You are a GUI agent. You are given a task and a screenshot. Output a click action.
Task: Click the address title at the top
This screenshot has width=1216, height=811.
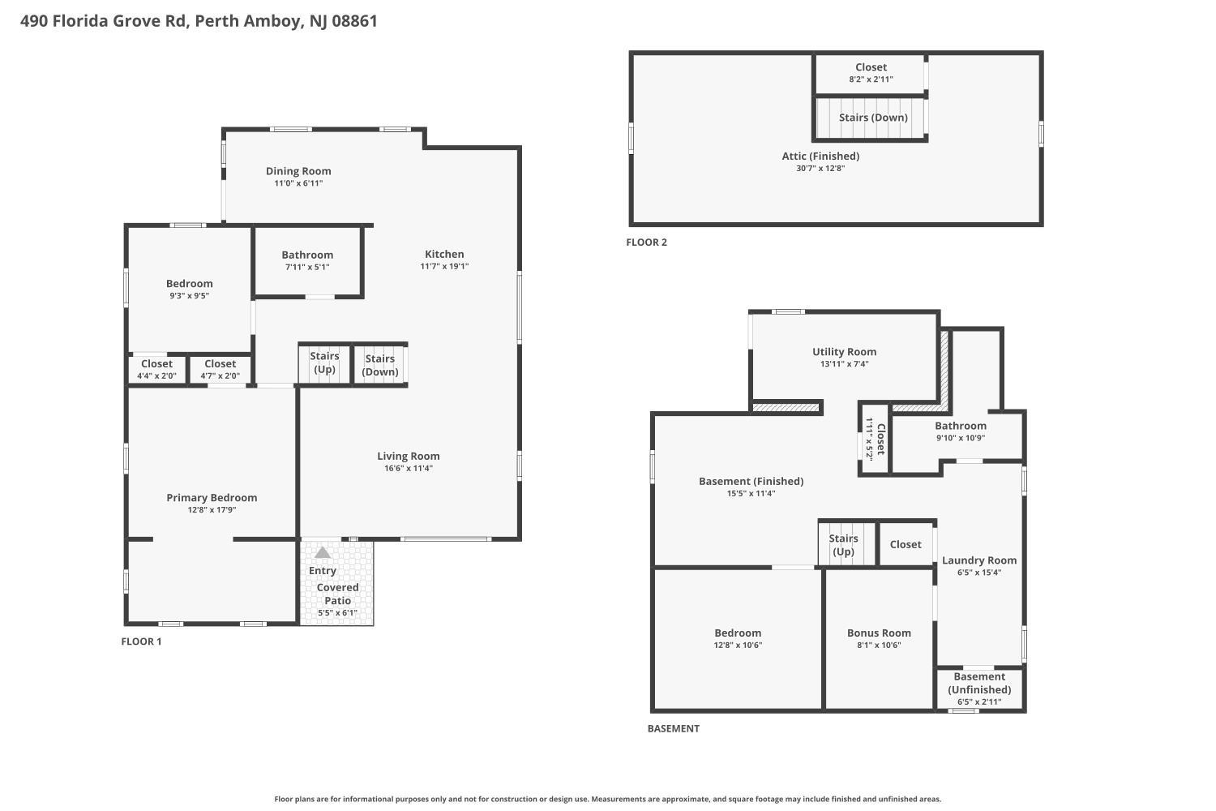pyautogui.click(x=199, y=21)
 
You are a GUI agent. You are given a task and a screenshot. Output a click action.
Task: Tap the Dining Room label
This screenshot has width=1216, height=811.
pyautogui.click(x=298, y=171)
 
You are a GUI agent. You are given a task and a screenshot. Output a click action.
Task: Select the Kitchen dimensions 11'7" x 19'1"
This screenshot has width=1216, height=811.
pyautogui.click(x=444, y=266)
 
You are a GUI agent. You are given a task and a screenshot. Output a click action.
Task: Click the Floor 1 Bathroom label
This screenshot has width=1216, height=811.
pyautogui.click(x=307, y=255)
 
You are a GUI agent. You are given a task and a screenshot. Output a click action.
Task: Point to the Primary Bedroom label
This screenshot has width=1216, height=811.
pyautogui.click(x=212, y=498)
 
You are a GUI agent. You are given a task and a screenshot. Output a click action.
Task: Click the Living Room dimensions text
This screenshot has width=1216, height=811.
pyautogui.click(x=409, y=468)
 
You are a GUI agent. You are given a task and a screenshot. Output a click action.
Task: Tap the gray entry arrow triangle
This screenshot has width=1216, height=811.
pyautogui.click(x=323, y=552)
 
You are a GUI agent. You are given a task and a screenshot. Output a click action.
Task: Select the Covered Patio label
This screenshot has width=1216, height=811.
pyautogui.click(x=337, y=594)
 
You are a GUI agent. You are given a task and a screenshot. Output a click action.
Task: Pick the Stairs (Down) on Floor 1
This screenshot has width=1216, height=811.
pyautogui.click(x=380, y=365)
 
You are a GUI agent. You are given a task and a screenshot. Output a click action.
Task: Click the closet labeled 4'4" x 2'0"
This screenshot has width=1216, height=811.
pyautogui.click(x=157, y=369)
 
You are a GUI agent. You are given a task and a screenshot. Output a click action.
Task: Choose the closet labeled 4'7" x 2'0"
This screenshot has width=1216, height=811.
pyautogui.click(x=220, y=369)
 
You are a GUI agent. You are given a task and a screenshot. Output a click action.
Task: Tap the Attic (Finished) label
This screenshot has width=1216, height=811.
pyautogui.click(x=820, y=157)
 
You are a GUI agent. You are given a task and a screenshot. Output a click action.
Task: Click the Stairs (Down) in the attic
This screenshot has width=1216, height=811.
pyautogui.click(x=873, y=118)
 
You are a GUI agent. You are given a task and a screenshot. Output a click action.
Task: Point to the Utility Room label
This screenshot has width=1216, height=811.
pyautogui.click(x=844, y=352)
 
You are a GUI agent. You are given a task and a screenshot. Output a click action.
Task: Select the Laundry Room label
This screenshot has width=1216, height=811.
pyautogui.click(x=978, y=560)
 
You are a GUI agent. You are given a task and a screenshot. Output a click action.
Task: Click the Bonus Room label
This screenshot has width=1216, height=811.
pyautogui.click(x=879, y=633)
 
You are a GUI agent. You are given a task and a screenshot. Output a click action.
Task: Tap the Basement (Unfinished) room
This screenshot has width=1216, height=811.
pyautogui.click(x=979, y=689)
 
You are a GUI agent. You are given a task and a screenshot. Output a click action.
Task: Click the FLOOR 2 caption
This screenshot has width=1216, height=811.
pyautogui.click(x=647, y=242)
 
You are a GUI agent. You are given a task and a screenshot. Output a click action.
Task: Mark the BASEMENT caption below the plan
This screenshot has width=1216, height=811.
pyautogui.click(x=673, y=728)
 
